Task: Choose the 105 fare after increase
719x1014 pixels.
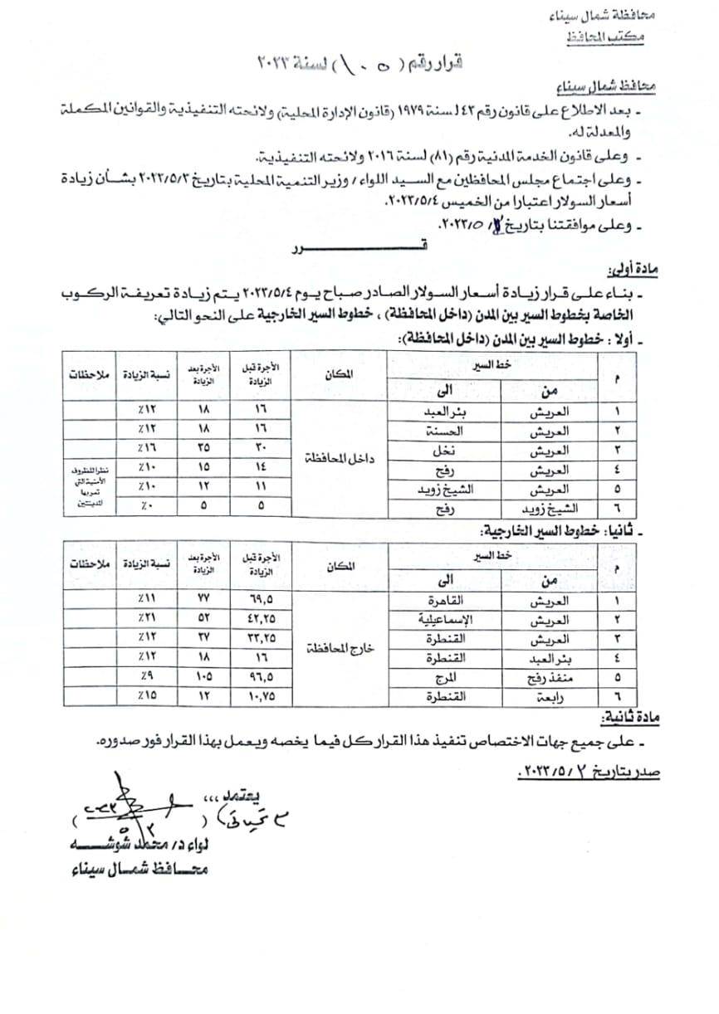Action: click(204, 676)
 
